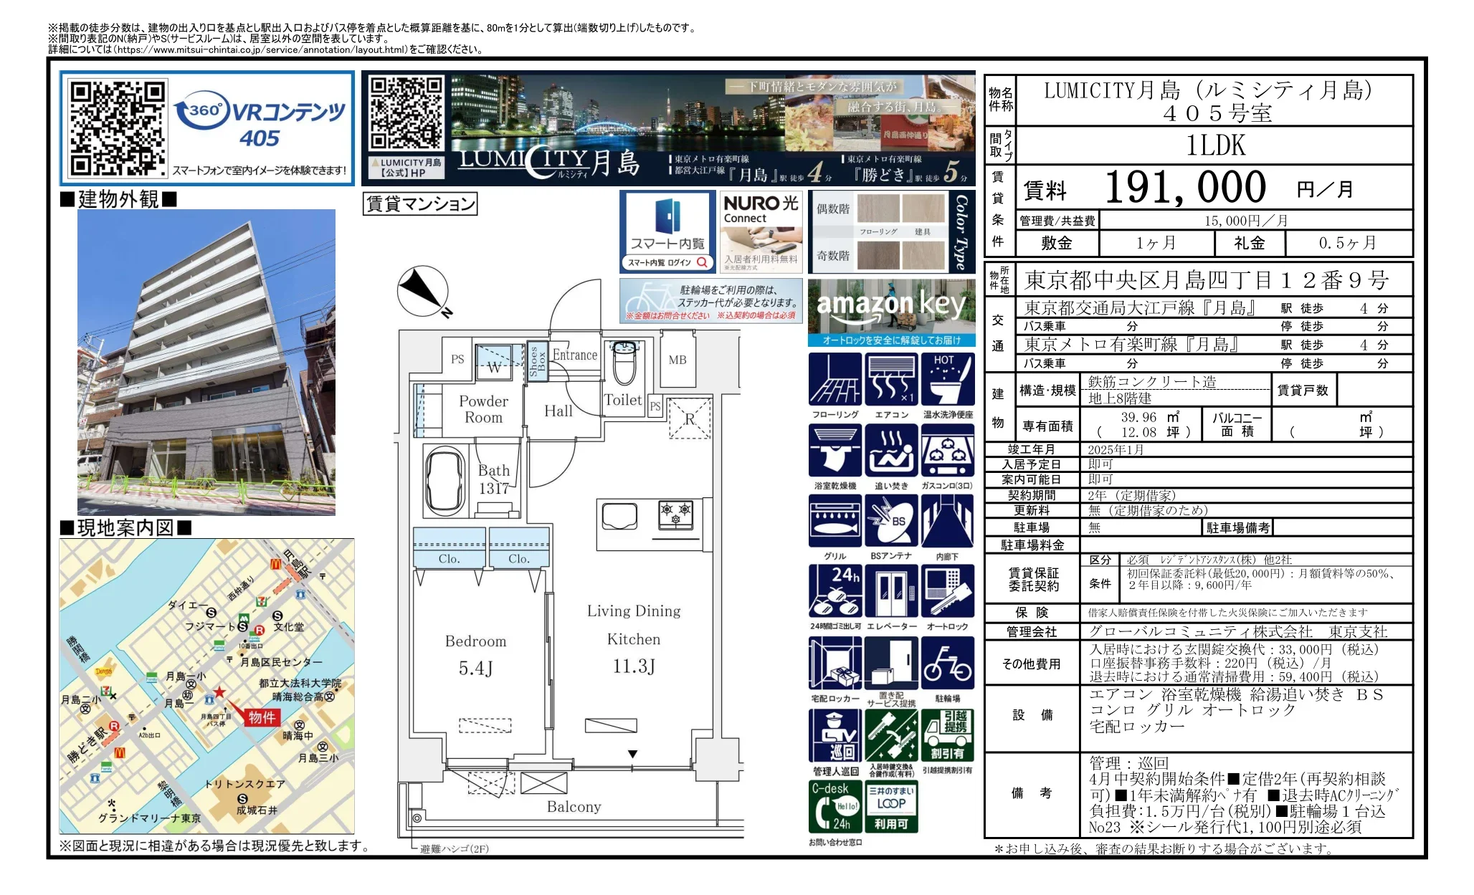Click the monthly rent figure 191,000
click(1185, 188)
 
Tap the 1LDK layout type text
click(1216, 145)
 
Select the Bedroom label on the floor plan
click(475, 641)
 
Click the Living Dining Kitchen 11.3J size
click(634, 666)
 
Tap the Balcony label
click(574, 807)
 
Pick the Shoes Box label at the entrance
click(537, 361)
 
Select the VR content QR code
click(118, 128)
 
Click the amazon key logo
click(891, 305)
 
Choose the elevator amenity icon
click(891, 591)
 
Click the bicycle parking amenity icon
click(947, 663)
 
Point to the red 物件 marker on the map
click(262, 717)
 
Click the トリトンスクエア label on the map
click(244, 784)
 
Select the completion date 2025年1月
click(1116, 450)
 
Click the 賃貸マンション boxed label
click(420, 204)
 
